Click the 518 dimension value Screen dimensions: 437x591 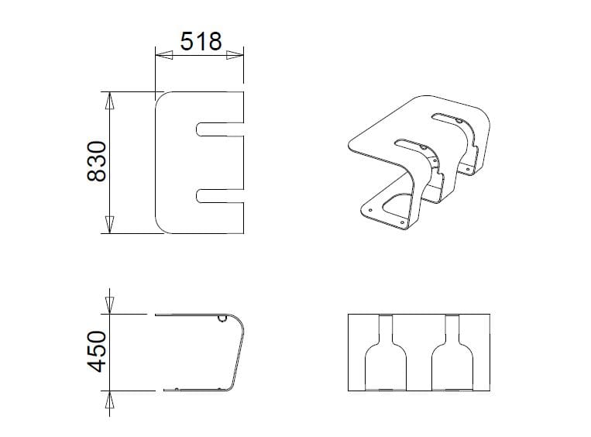[201, 40]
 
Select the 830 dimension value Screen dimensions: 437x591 [94, 162]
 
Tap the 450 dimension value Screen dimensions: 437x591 [94, 352]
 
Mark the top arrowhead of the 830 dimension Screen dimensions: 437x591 [110, 99]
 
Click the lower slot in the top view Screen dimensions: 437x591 [221, 195]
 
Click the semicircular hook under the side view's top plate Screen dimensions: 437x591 [222, 318]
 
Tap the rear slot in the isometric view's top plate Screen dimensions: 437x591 [449, 119]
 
